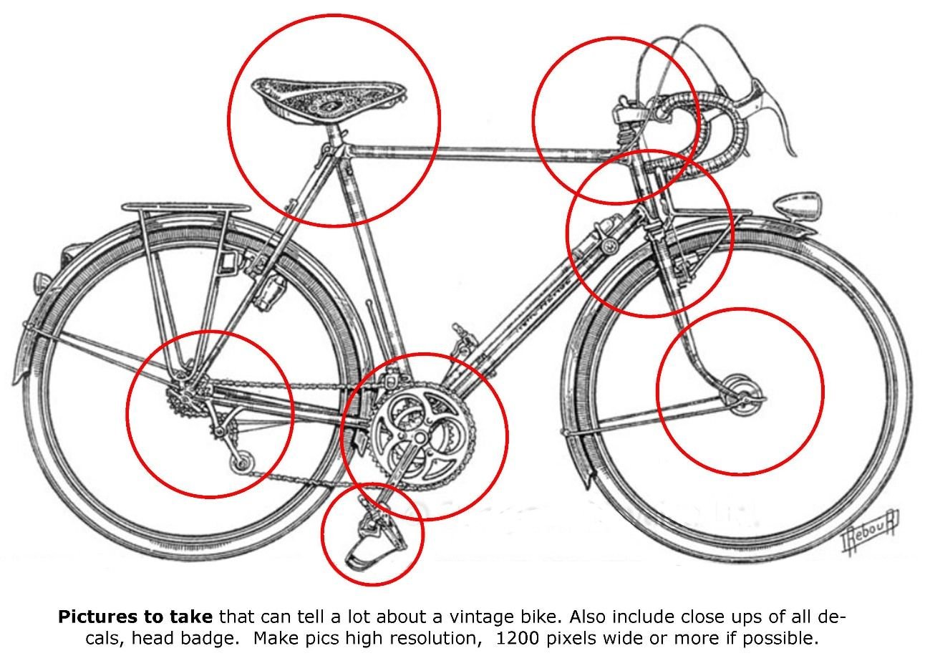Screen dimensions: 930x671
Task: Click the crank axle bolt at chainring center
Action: pyautogui.click(x=420, y=438)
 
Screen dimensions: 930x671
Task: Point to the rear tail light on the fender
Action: pyautogui.click(x=42, y=283)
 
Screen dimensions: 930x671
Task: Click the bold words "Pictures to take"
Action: pyautogui.click(x=135, y=617)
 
